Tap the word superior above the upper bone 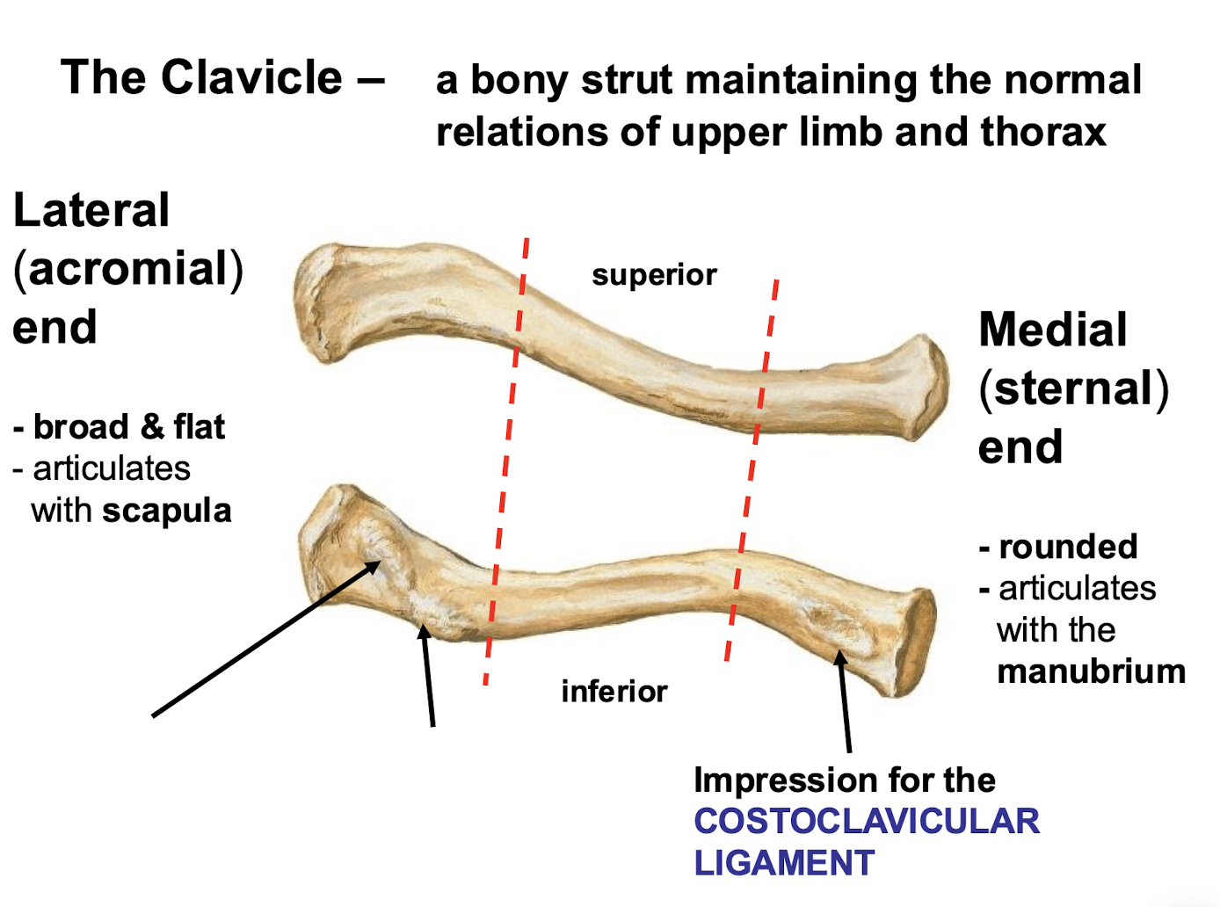coord(654,275)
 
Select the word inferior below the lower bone coord(614,692)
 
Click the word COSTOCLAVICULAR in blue coord(867,822)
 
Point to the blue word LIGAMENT coord(784,863)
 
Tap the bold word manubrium coord(1091,671)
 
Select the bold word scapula coord(166,511)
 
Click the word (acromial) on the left coord(128,269)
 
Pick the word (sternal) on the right coord(1074,388)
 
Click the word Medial coord(1052,330)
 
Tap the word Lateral coord(91,211)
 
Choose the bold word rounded coord(1068,547)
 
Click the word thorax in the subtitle coord(1043,133)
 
